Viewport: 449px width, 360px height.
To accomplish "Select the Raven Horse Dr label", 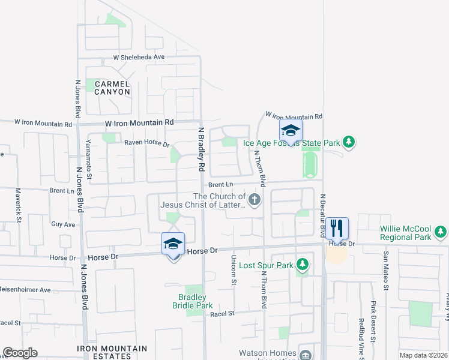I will (x=147, y=144).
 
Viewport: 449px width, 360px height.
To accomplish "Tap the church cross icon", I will (x=255, y=200).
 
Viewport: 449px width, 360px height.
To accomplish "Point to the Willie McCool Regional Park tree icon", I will (x=441, y=231).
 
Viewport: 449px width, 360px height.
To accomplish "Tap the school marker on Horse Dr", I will (x=173, y=244).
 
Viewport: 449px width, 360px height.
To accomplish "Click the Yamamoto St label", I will (x=88, y=164).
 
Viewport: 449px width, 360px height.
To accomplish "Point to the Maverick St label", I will (x=18, y=203).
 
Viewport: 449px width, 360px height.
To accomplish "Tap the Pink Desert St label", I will (x=373, y=322).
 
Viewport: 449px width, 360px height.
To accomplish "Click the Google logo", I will (x=20, y=353).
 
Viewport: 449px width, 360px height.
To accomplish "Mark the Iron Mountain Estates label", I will (x=112, y=352).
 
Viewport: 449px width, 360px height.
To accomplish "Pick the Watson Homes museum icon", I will (x=307, y=354).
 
